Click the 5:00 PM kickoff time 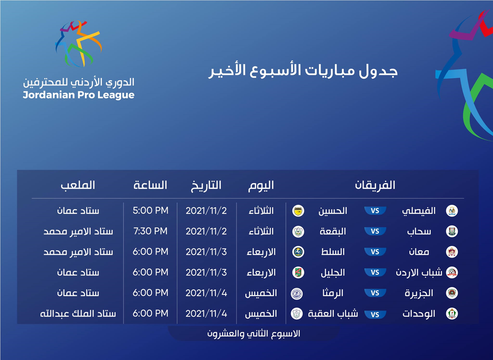pyautogui.click(x=151, y=211)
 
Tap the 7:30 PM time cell pyautogui.click(x=151, y=231)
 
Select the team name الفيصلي pyautogui.click(x=419, y=211)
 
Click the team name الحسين pyautogui.click(x=333, y=211)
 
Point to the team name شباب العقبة pyautogui.click(x=333, y=314)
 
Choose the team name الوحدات pyautogui.click(x=419, y=314)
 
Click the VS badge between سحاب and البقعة pyautogui.click(x=375, y=231)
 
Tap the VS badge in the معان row pyautogui.click(x=375, y=252)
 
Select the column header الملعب pyautogui.click(x=78, y=185)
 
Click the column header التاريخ pyautogui.click(x=206, y=185)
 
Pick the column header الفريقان pyautogui.click(x=375, y=185)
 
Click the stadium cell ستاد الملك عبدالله pyautogui.click(x=78, y=314)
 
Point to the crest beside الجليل pyautogui.click(x=298, y=272)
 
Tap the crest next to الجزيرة pyautogui.click(x=452, y=293)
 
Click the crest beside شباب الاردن pyautogui.click(x=452, y=272)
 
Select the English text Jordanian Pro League pyautogui.click(x=78, y=95)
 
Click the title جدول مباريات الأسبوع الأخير pyautogui.click(x=303, y=71)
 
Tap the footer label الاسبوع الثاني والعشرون pyautogui.click(x=254, y=333)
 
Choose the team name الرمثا pyautogui.click(x=333, y=293)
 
